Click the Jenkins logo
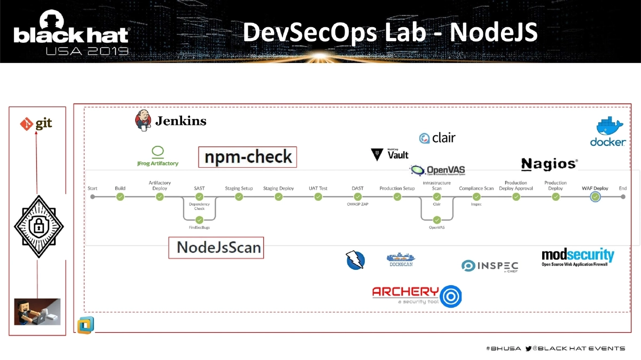(x=170, y=121)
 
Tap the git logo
(x=36, y=124)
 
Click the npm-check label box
(x=248, y=157)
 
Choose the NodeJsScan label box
(x=216, y=247)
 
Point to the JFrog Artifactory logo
(x=158, y=156)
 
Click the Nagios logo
(x=549, y=164)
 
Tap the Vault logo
(x=390, y=154)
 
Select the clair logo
(x=437, y=138)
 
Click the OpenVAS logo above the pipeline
(x=437, y=170)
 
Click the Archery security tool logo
(x=417, y=296)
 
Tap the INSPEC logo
(x=490, y=266)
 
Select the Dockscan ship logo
(x=400, y=260)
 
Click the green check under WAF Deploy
(x=595, y=197)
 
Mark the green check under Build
(x=120, y=197)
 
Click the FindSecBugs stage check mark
(x=199, y=220)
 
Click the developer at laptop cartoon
(x=37, y=311)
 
